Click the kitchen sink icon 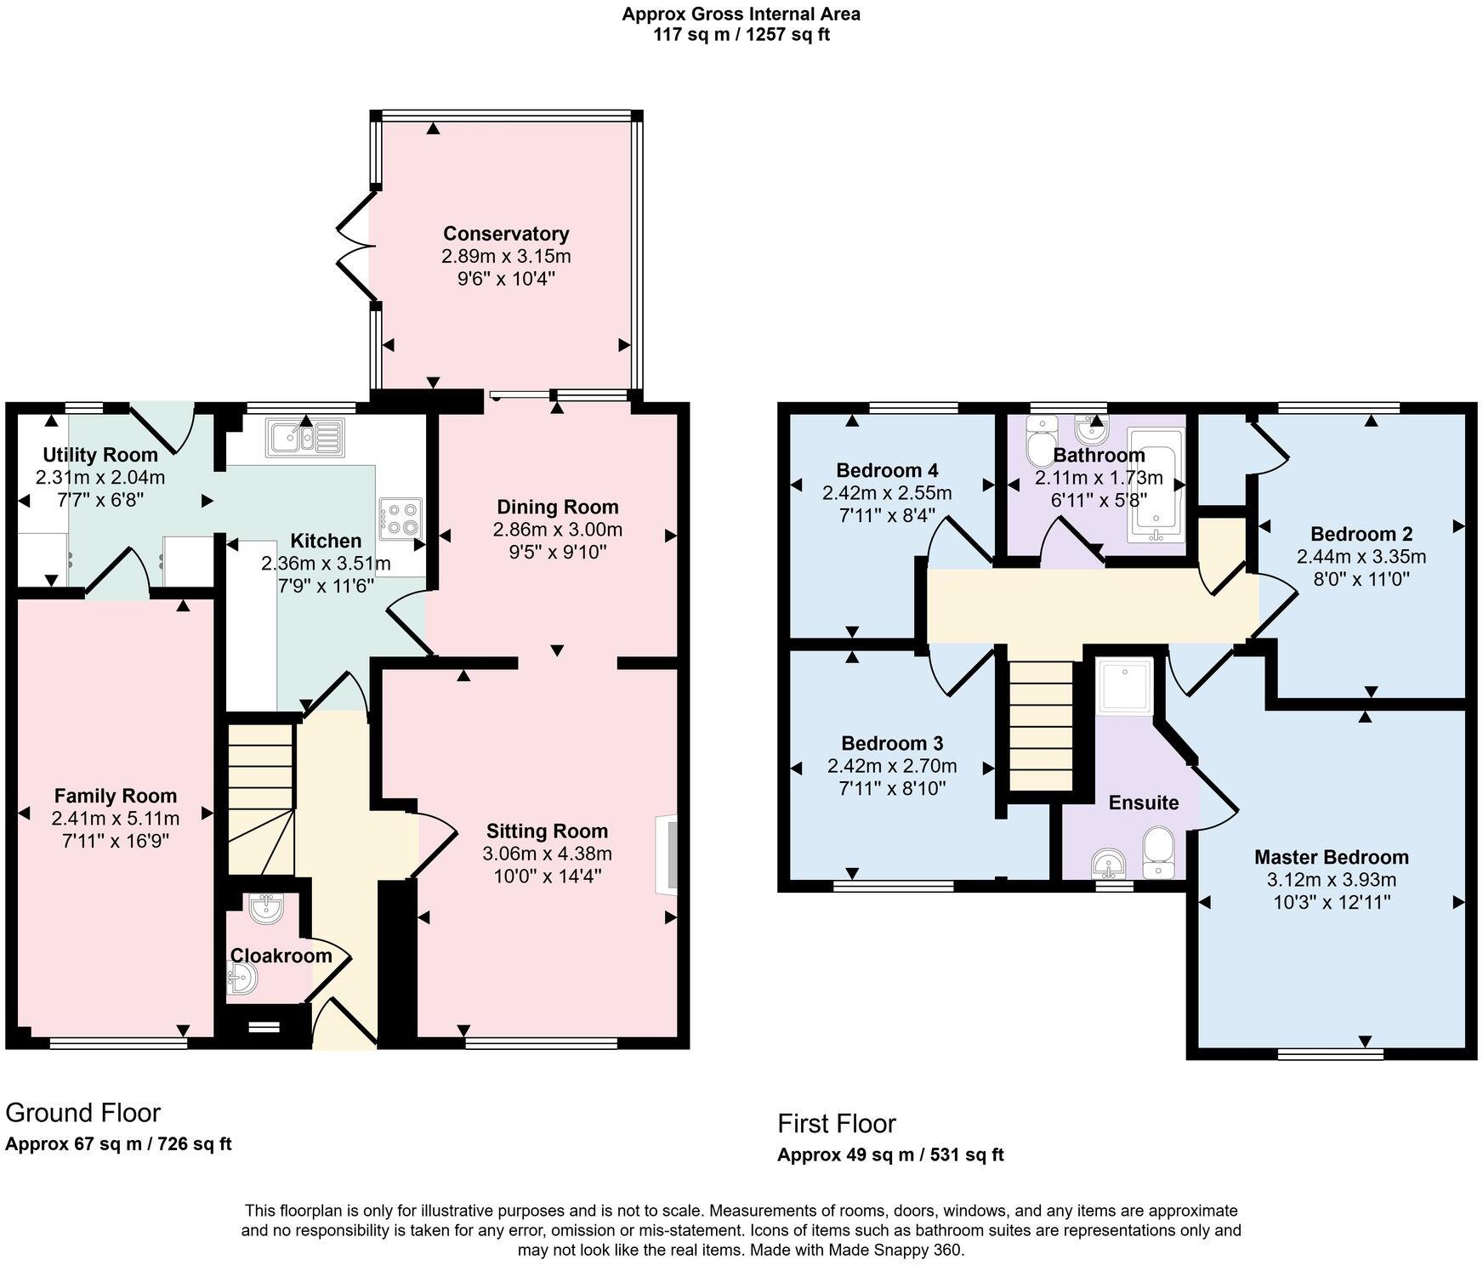(305, 439)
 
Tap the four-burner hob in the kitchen (401, 518)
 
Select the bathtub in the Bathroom (1156, 485)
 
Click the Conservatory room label (506, 234)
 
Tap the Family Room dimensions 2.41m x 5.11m (115, 819)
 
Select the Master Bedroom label (1331, 857)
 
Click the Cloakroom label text (281, 956)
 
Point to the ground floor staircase (261, 799)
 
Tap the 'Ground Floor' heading (83, 1112)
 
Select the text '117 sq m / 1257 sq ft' (741, 35)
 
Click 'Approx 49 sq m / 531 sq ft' (890, 1154)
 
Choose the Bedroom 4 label (887, 470)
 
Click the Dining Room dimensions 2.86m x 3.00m (557, 530)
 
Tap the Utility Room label (100, 455)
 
